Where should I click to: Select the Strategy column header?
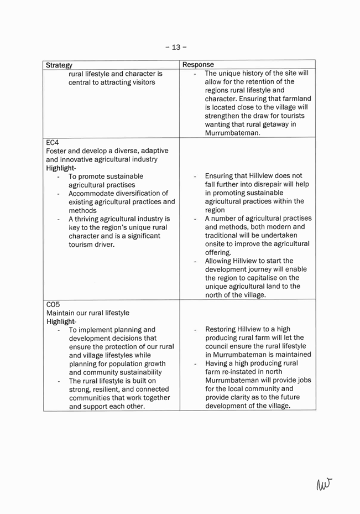[60, 65]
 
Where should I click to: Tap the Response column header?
[199, 65]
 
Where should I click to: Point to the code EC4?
[53, 143]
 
